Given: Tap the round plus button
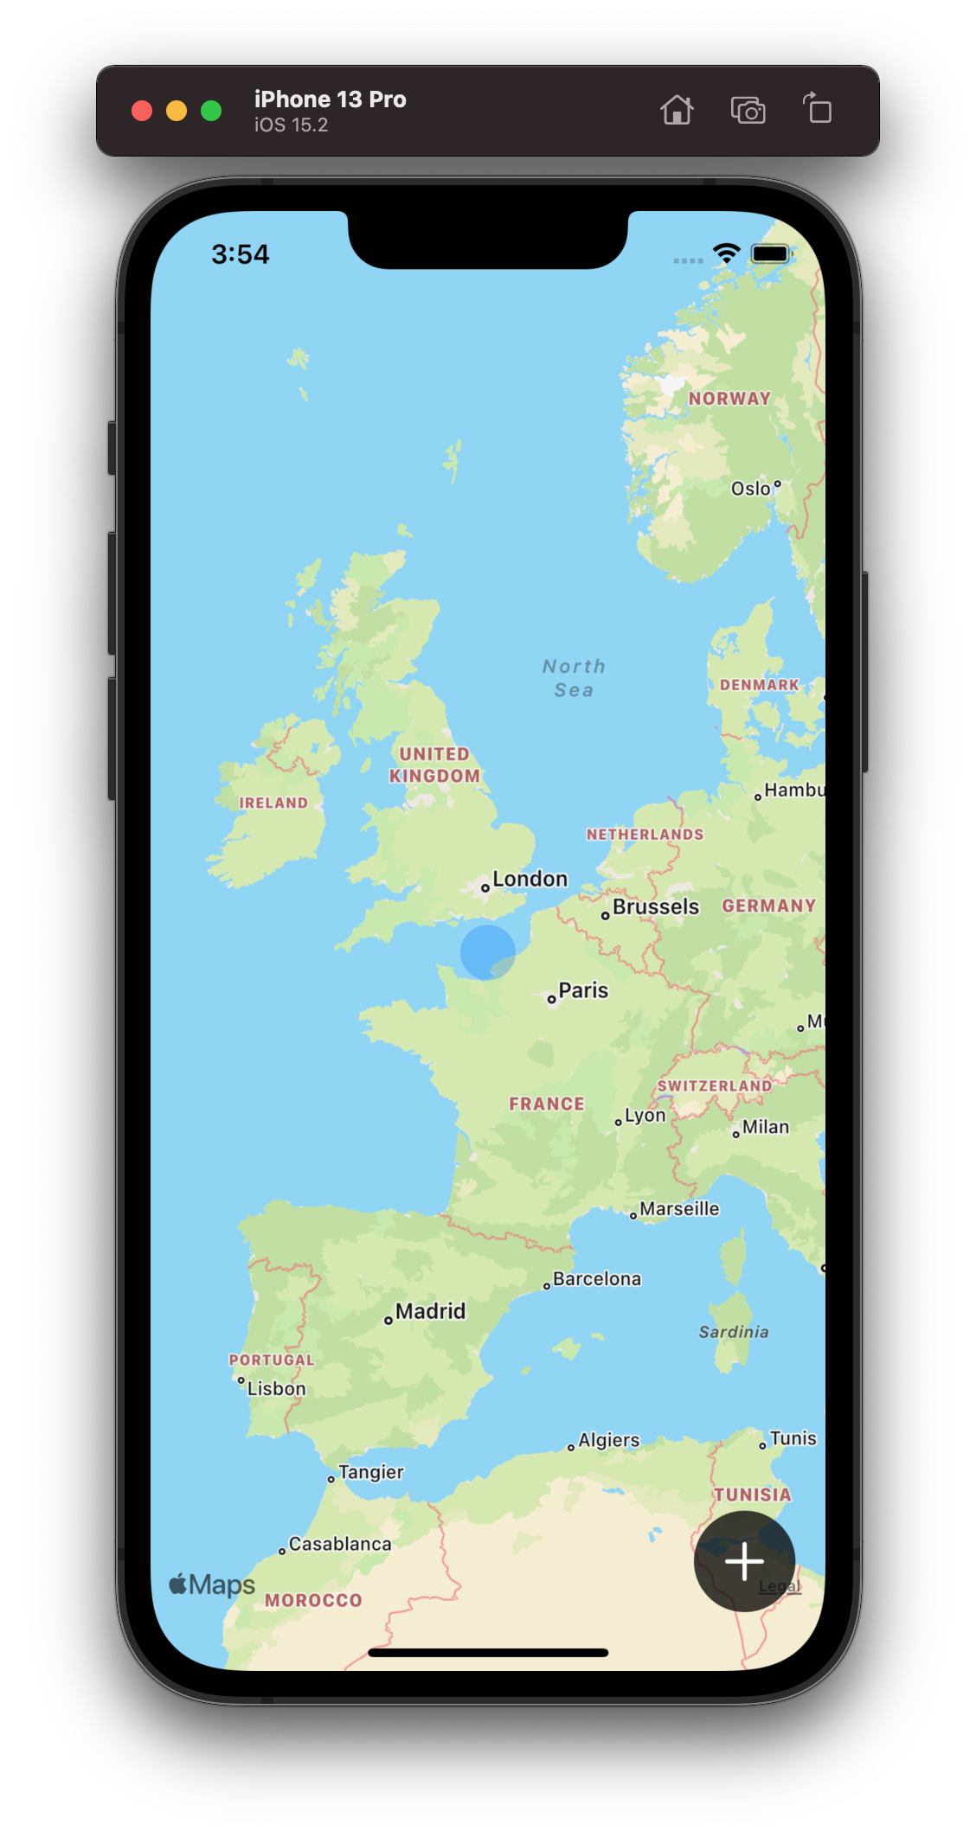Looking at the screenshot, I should [744, 1561].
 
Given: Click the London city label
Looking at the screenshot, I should [530, 880].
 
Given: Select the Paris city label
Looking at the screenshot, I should [583, 991].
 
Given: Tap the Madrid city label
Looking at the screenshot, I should [430, 1312].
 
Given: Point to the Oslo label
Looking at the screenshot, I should [751, 489].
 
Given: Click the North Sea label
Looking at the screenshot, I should [574, 678].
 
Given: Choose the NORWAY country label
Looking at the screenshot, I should [729, 399].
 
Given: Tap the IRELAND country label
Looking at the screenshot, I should [273, 803].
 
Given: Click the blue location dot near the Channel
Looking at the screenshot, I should [488, 952].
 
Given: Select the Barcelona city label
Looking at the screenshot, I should [597, 1279].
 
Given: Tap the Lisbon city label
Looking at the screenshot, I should [276, 1389].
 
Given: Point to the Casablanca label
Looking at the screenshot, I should [339, 1545].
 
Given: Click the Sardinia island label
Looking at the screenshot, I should [734, 1332].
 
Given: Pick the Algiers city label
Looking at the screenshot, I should [609, 1440].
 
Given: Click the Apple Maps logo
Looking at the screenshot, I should [213, 1584].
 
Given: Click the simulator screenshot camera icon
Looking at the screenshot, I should [748, 111].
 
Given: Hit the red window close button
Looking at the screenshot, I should [142, 111].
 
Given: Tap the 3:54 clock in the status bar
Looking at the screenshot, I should [241, 254].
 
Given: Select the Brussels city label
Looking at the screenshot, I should [655, 907].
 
